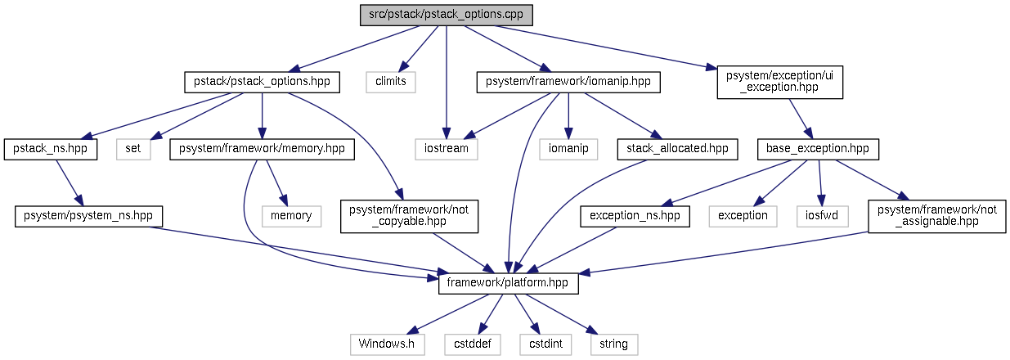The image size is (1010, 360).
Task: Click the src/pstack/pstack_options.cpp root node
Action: [447, 16]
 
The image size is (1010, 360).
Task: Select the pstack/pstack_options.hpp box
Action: [262, 82]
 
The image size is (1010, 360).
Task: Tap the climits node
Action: [391, 82]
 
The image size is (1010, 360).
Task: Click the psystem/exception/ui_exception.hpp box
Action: [779, 82]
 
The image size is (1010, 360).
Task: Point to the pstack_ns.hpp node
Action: [52, 149]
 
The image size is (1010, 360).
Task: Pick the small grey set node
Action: [134, 149]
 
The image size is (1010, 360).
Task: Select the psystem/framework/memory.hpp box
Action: [263, 149]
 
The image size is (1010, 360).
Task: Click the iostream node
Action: [445, 149]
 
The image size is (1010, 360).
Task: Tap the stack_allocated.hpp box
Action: [678, 149]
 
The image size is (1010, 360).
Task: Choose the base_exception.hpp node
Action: [818, 149]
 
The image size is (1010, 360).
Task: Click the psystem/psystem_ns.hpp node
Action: [89, 216]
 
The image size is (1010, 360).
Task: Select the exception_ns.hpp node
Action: [635, 216]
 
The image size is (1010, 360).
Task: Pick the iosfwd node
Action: [821, 216]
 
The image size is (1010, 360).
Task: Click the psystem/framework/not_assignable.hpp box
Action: [937, 216]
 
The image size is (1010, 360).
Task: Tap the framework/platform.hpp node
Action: [509, 283]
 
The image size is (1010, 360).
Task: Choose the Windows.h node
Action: [388, 344]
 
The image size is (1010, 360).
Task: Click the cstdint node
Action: [541, 344]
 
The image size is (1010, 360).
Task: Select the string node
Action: [614, 344]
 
